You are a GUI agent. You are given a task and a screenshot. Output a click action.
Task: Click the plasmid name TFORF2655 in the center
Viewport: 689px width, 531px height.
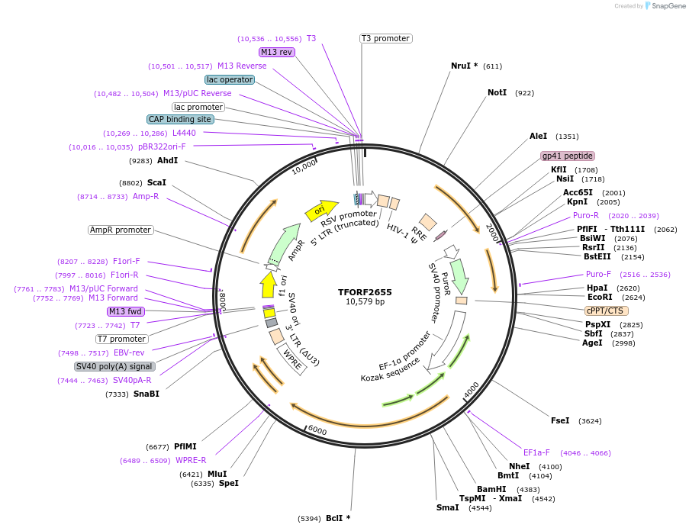365,291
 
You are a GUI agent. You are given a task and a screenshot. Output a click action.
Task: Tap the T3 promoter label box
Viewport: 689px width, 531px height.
385,39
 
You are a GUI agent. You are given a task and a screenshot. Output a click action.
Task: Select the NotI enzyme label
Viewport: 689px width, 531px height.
497,93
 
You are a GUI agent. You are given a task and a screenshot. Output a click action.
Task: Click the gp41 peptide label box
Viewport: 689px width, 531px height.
568,156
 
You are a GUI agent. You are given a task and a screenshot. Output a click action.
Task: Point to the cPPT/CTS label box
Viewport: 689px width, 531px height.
607,311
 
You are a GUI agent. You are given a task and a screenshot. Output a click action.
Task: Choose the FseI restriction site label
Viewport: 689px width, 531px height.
560,420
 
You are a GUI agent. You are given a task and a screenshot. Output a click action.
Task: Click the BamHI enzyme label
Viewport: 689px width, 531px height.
491,489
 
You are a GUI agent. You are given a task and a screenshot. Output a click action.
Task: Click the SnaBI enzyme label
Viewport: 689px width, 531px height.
146,394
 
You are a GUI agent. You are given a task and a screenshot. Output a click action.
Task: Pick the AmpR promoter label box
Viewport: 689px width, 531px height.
121,230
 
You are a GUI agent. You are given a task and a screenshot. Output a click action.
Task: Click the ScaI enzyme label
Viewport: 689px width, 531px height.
156,182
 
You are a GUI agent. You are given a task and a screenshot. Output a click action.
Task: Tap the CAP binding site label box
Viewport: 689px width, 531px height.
180,119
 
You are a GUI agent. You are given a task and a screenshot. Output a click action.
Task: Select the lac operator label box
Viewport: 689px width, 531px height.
229,79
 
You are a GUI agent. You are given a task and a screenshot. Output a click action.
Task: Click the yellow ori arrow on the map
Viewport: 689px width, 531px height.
320,210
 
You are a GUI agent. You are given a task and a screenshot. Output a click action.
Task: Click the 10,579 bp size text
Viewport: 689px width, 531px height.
365,302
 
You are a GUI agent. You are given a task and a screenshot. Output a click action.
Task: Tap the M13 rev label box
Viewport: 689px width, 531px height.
276,53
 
